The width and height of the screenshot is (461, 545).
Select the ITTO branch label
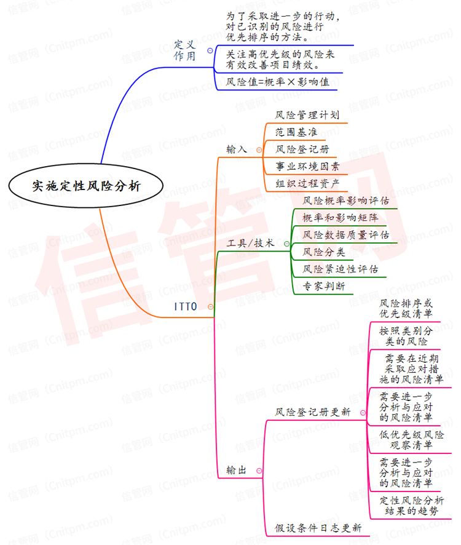point(185,306)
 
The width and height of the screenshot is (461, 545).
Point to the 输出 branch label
point(236,471)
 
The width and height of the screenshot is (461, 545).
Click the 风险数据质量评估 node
point(346,235)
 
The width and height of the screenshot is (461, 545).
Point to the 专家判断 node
point(324,286)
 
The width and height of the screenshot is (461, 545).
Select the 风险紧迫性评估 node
point(341,269)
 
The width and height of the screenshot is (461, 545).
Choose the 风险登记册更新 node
point(313,412)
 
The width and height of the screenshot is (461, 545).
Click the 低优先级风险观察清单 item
point(411,439)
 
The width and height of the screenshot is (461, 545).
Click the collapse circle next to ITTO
point(211,306)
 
